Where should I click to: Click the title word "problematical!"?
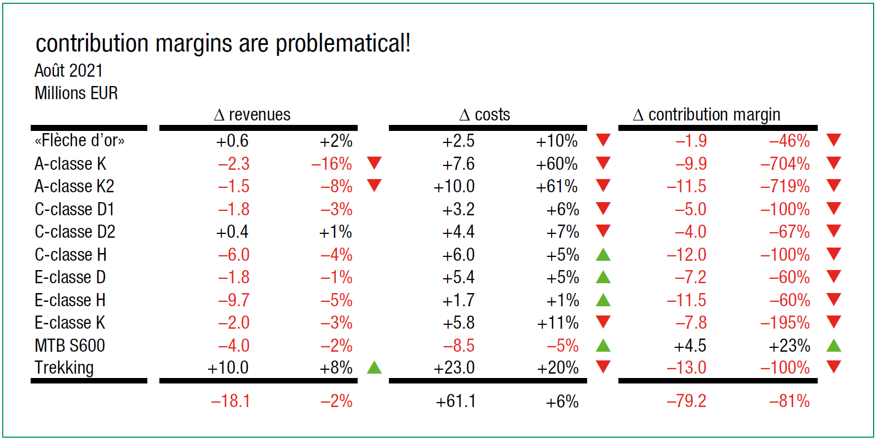coord(343,44)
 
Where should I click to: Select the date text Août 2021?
coord(68,71)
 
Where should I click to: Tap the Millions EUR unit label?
coord(76,93)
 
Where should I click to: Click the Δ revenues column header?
coord(253,114)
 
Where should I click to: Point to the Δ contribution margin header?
coord(707,114)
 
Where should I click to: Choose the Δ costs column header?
coord(485,114)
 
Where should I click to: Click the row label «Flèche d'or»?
coord(79,141)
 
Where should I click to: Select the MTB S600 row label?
coord(70,346)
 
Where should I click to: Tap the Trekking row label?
coord(64,368)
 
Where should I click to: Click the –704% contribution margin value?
coord(785,164)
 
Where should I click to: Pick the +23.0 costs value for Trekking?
coord(454,368)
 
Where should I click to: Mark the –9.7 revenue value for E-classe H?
coord(234,300)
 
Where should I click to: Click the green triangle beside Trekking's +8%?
coord(374,367)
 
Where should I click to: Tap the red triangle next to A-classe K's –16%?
coord(374,162)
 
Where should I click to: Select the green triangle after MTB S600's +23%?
coord(834,345)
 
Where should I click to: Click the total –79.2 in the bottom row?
coord(686,401)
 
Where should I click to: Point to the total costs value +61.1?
coord(456,402)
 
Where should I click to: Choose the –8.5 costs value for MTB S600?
coord(459,346)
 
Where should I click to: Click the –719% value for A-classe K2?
coord(785,187)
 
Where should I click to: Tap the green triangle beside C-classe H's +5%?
coord(603,255)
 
